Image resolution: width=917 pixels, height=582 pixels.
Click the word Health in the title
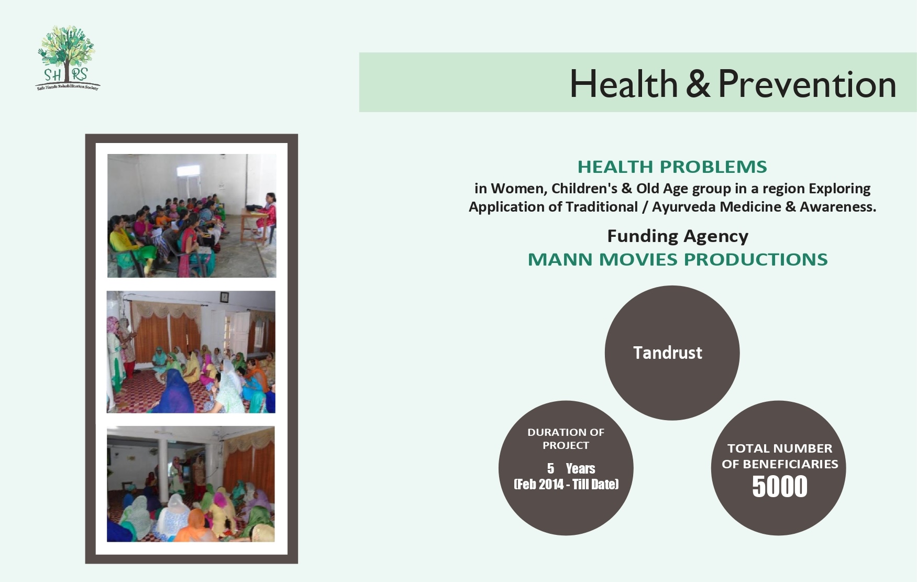(623, 84)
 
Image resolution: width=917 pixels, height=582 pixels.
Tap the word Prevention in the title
(806, 84)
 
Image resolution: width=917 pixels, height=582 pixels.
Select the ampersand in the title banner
(698, 84)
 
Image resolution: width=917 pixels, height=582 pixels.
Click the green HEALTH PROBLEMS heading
(672, 167)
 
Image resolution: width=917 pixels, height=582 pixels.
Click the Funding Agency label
(678, 236)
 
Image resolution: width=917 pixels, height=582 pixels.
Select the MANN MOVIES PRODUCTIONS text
(678, 259)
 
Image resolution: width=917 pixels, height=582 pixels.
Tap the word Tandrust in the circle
(668, 353)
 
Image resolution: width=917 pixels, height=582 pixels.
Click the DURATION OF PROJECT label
(566, 438)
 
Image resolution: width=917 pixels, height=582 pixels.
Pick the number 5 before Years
(550, 468)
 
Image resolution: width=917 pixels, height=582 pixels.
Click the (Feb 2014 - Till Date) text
(566, 484)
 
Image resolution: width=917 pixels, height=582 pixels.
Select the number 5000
(779, 486)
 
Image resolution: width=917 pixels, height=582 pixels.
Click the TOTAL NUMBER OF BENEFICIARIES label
(779, 456)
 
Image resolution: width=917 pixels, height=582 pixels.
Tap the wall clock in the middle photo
(224, 297)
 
